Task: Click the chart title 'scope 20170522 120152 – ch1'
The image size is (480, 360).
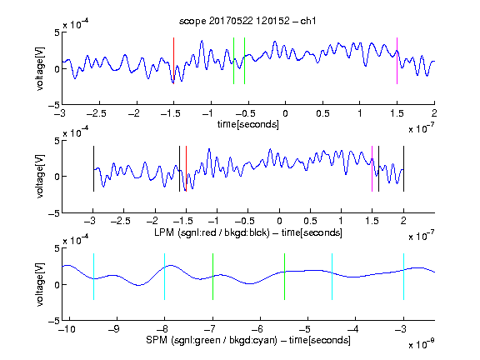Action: coord(247,21)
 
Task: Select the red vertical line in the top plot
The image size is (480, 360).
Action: coord(173,61)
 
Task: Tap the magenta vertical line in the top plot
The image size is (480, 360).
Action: coord(397,61)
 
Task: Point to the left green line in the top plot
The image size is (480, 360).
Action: coord(233,61)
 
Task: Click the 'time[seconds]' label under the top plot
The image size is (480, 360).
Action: coord(248,124)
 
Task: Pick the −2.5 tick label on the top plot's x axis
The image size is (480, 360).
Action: coord(97,113)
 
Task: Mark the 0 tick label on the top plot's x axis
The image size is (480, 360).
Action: coord(285,113)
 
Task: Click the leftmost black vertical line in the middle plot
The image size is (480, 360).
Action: coord(93,168)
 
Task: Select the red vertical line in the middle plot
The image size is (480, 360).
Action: coord(186,168)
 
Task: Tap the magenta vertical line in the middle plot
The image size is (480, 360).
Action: coord(372,168)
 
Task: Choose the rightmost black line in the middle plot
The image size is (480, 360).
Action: coord(403,168)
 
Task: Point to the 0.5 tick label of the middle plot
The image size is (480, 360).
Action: coord(310,221)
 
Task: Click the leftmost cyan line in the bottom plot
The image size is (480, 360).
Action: coord(93,277)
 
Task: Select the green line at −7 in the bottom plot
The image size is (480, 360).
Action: coord(212,277)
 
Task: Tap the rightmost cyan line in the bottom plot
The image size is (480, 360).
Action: coord(403,277)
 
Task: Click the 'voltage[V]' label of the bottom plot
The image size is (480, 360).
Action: coord(40,284)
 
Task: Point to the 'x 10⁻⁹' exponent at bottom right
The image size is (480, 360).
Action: coord(421,344)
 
